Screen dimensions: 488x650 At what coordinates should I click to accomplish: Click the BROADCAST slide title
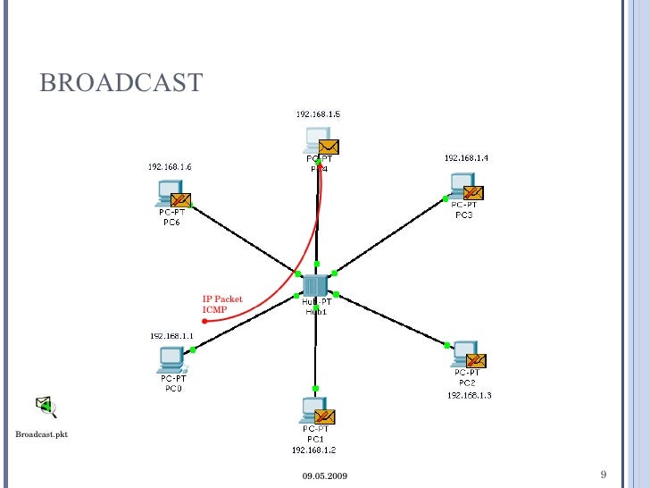pos(121,84)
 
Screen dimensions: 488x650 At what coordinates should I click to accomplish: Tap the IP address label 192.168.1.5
pos(318,114)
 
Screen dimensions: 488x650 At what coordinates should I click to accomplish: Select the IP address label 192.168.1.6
pos(170,166)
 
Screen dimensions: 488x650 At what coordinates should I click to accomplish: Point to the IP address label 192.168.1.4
pos(466,157)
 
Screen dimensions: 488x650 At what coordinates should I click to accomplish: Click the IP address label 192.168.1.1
pos(171,335)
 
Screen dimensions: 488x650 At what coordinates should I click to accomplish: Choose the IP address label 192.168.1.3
pos(469,394)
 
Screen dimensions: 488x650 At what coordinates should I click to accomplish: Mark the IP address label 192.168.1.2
pos(313,450)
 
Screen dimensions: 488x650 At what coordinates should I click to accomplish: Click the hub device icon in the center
pos(314,285)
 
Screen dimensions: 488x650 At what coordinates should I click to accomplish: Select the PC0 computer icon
pos(170,359)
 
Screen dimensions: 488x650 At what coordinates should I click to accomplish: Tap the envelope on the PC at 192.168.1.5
pos(329,147)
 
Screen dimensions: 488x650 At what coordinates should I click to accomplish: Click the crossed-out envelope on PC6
pos(181,200)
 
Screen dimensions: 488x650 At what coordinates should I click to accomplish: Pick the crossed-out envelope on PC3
pos(473,192)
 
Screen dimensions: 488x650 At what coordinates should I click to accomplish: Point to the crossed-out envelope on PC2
pos(476,361)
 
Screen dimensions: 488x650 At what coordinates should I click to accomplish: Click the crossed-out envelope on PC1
pos(324,416)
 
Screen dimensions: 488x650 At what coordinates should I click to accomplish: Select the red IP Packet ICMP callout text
pos(221,304)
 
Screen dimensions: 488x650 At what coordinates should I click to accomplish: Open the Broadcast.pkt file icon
pos(46,408)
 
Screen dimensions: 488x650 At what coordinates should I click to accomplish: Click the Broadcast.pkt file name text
pos(41,434)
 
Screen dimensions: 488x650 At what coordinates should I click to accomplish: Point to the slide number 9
pos(604,473)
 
